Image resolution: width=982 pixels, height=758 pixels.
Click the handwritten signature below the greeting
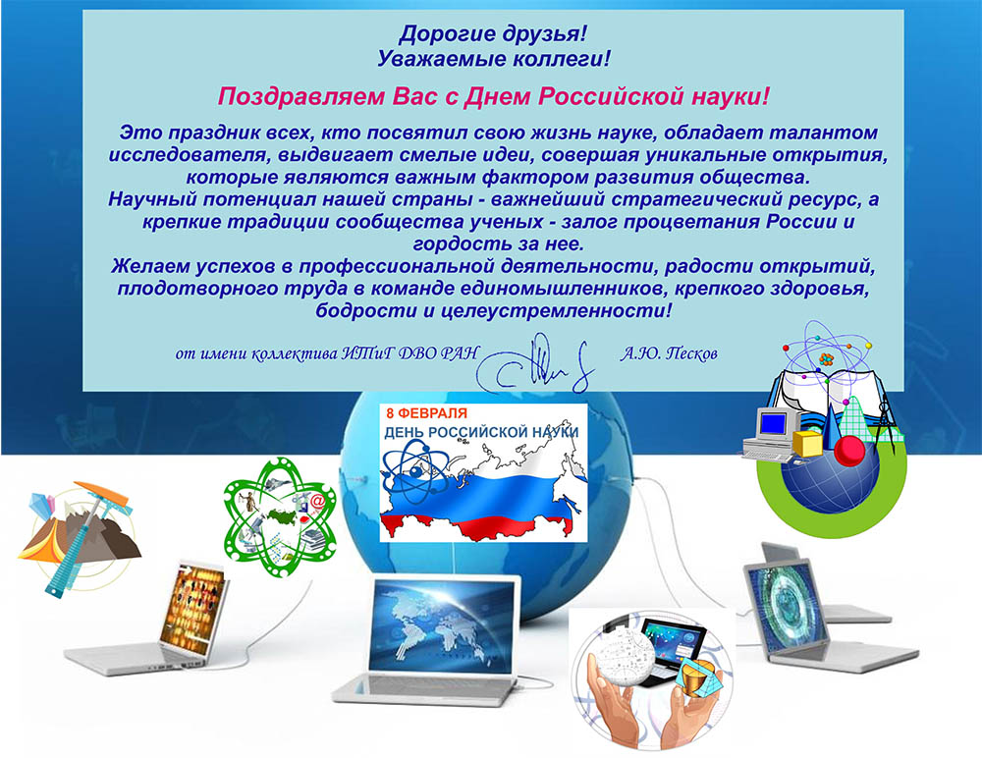coord(535,364)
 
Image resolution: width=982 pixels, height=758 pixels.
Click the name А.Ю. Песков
coord(669,353)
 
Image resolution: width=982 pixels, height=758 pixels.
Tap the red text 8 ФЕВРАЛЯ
coord(426,412)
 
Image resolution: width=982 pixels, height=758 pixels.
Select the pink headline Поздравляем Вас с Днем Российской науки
coord(493,96)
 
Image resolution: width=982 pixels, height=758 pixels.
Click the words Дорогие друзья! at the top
coord(493,33)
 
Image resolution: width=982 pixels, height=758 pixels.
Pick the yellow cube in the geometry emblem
coord(808,443)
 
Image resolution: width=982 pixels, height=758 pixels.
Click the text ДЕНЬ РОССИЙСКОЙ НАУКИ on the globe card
coord(481,432)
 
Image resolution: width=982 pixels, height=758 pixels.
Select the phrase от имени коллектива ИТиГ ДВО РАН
coord(327,353)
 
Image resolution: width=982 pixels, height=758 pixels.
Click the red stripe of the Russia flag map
coord(476,527)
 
